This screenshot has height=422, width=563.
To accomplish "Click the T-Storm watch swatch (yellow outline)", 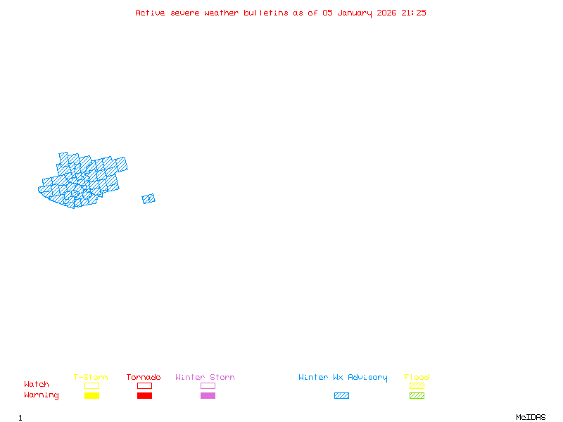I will [x=91, y=385].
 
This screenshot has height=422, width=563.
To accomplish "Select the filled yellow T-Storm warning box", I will [x=91, y=396].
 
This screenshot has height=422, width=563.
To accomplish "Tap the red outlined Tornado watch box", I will [x=144, y=385].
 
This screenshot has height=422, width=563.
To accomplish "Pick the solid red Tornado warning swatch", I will [x=144, y=396].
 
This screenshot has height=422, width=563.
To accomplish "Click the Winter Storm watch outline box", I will [x=208, y=385].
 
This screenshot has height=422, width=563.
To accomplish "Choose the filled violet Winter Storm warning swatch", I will [x=208, y=396].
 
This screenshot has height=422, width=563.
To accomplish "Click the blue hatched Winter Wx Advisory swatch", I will [x=341, y=396].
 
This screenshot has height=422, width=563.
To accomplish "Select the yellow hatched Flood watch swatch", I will [x=417, y=385].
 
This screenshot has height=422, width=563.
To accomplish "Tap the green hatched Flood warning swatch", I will [x=417, y=396].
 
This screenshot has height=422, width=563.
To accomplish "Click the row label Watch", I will [x=37, y=385].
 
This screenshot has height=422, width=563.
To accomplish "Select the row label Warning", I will [x=42, y=395].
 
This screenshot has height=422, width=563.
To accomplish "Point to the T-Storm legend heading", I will [x=91, y=377].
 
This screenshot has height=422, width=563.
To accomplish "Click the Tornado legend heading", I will [x=144, y=377].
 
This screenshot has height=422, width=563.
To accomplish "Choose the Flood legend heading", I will [x=417, y=377].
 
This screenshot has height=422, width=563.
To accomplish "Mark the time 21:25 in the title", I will [x=414, y=13].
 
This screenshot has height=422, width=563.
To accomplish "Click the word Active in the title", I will [x=151, y=13].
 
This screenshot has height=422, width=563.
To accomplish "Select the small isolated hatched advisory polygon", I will [x=148, y=199].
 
